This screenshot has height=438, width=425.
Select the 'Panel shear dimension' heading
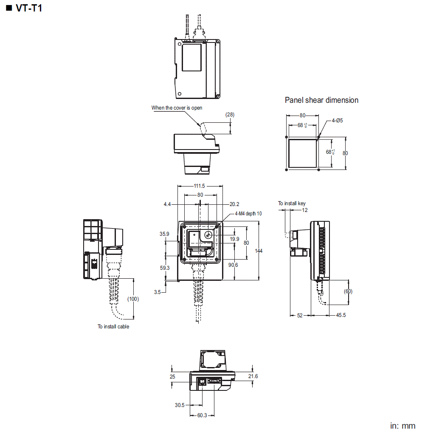321,100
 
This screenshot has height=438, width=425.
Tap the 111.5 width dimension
200,186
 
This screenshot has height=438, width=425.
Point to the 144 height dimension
259,251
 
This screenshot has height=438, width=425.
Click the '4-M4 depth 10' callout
248,214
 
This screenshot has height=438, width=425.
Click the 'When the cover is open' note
177,108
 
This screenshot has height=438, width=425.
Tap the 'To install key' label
292,203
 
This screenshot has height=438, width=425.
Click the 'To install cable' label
113,327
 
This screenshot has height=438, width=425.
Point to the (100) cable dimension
133,299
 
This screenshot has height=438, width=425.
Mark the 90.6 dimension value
233,265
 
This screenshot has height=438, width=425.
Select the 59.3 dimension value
165,268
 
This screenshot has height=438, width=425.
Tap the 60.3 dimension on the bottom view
203,415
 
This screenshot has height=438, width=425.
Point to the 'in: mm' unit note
402,426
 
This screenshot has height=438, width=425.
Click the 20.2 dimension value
234,204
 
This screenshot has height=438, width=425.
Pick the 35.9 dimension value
164,234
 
